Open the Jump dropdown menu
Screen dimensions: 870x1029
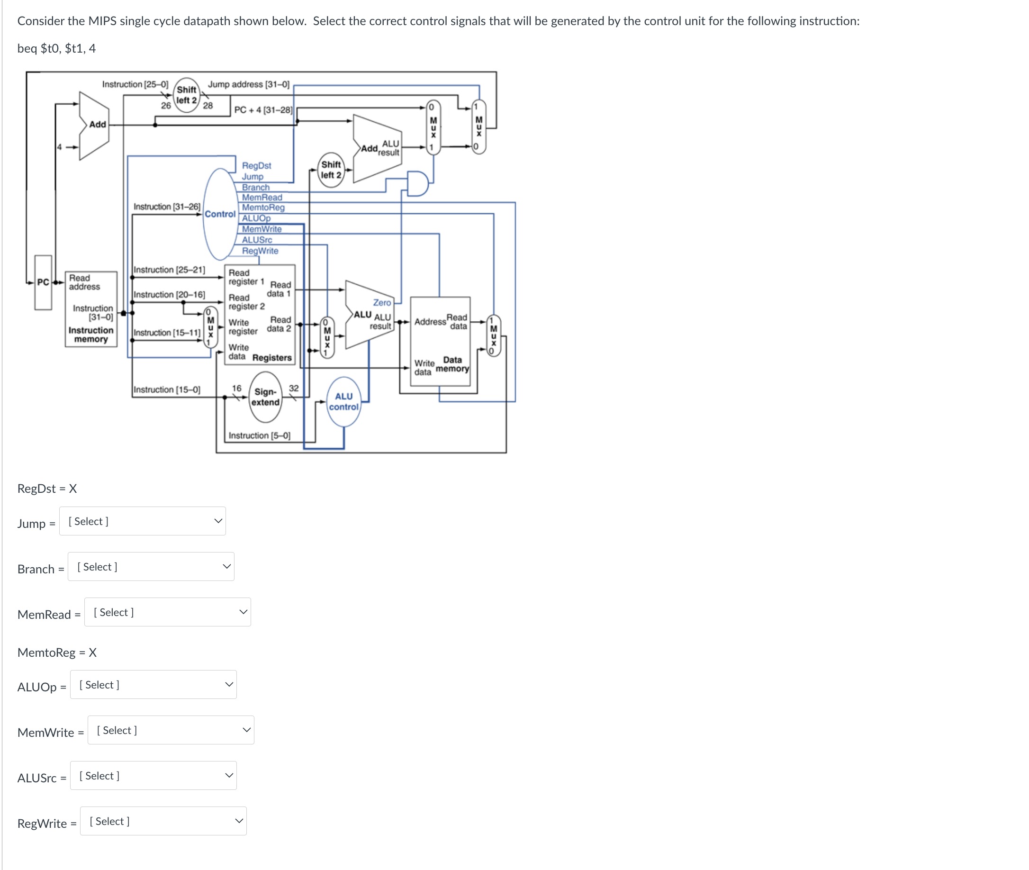click(x=142, y=521)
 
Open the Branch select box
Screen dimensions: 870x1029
click(x=150, y=566)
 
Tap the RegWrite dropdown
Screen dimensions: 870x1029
click(x=162, y=821)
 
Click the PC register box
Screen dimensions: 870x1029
click(x=43, y=282)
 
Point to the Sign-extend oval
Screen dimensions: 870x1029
click(x=265, y=397)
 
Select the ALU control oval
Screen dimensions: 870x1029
click(x=343, y=401)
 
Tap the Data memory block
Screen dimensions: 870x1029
click(x=440, y=340)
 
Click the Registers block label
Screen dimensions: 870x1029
click(x=271, y=358)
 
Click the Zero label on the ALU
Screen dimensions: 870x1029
click(x=382, y=302)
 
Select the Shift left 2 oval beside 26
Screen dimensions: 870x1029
click(x=186, y=95)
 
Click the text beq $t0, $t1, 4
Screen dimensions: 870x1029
click(x=56, y=48)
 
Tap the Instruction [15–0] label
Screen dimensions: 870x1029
click(x=167, y=389)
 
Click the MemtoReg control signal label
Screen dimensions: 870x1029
click(x=263, y=207)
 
